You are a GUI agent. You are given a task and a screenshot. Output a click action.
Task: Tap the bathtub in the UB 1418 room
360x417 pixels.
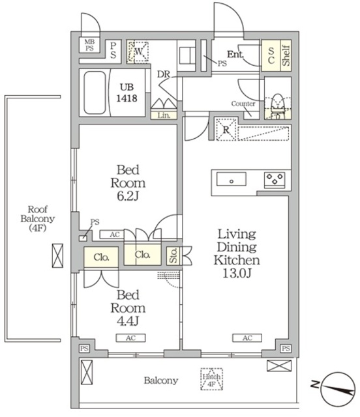[x=95, y=93]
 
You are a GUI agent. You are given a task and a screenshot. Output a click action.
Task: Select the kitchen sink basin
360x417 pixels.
[x=231, y=179]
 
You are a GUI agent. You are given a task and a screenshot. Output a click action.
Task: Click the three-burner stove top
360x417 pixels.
[x=275, y=180]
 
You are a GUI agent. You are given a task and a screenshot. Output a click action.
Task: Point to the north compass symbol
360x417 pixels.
[x=338, y=389]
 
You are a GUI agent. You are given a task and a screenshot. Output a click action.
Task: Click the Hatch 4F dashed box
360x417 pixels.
[x=212, y=379]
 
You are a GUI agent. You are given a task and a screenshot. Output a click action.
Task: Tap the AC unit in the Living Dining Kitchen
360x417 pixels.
[x=247, y=338]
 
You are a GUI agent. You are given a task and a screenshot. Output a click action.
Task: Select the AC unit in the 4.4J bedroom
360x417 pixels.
[x=130, y=338]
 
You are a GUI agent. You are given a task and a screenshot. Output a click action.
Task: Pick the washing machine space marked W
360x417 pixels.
[x=138, y=51]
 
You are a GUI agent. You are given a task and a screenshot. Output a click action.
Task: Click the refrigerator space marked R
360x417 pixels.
[x=226, y=129]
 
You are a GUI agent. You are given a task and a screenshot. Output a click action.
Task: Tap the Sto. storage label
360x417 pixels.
[x=173, y=255]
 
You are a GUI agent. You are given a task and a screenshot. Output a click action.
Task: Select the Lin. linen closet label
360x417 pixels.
[x=164, y=115]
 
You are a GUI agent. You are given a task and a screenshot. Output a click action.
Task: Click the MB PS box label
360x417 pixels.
[x=89, y=45]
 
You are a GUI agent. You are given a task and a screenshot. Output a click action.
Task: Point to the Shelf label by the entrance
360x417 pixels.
[x=286, y=55]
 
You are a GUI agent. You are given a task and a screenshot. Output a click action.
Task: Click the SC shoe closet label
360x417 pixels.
[x=271, y=55]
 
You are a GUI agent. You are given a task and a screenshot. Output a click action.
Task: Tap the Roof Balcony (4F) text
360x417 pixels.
[x=38, y=219]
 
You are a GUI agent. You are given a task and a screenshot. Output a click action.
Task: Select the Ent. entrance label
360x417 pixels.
[x=235, y=55]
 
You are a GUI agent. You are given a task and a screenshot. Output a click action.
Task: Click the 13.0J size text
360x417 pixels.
[x=237, y=273]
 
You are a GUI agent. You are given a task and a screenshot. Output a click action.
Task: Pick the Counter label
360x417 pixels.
[x=243, y=104]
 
